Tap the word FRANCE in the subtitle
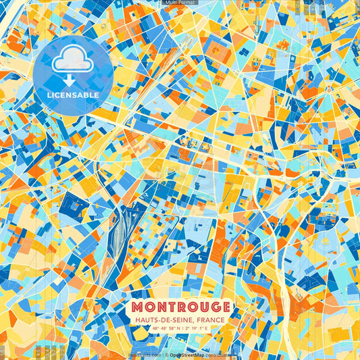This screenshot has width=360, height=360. (212, 321)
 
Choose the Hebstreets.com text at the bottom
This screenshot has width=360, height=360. (144, 354)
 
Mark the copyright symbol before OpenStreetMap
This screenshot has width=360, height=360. (165, 354)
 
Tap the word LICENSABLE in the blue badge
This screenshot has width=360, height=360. (72, 95)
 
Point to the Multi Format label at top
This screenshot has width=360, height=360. (180, 3)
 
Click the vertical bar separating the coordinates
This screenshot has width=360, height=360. (181, 329)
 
